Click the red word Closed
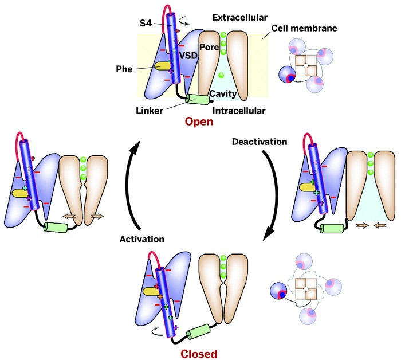click(198, 354)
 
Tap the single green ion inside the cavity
click(221, 75)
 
